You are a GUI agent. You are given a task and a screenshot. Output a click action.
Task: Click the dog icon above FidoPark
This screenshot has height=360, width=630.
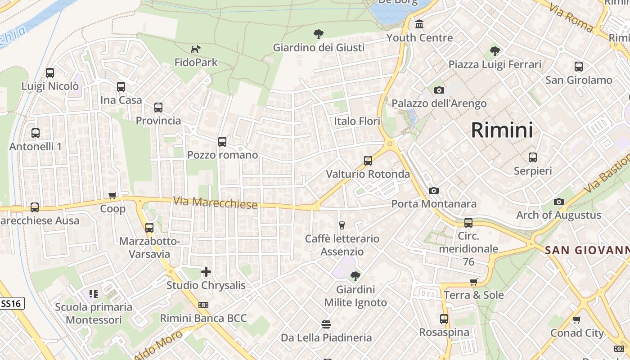tap(195, 49)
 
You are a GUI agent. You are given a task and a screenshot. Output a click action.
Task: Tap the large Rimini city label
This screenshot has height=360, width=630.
tap(502, 130)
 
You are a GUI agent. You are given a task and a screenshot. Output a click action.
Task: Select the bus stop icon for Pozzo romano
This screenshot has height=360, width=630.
tap(222, 142)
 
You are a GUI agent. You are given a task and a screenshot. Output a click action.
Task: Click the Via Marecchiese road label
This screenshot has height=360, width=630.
tap(216, 203)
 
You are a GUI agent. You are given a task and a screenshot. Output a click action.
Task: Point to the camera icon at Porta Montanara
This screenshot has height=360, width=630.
tap(434, 191)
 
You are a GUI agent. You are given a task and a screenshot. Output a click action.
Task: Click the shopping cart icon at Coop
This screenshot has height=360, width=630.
tap(112, 196)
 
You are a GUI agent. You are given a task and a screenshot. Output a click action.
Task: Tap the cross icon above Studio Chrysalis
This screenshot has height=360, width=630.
tap(206, 272)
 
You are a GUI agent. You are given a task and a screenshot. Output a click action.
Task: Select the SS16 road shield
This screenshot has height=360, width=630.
tap(11, 304)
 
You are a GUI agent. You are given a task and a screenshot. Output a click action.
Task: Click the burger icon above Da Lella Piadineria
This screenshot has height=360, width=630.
tap(326, 324)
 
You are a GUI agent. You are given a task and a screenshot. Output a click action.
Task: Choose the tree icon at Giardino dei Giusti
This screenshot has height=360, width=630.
tap(319, 34)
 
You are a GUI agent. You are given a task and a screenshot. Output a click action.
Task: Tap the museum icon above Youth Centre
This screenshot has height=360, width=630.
tap(419, 24)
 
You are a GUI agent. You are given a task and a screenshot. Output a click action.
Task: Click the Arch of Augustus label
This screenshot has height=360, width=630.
tap(558, 215)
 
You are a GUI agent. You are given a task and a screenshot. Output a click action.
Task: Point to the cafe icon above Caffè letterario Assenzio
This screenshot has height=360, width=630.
tap(342, 225)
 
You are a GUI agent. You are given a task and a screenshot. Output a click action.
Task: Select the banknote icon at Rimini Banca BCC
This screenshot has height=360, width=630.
tap(203, 305)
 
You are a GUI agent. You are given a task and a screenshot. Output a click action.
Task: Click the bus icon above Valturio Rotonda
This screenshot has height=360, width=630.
tap(368, 161)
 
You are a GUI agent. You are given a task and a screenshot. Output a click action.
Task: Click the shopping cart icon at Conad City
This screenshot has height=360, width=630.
tap(577, 320)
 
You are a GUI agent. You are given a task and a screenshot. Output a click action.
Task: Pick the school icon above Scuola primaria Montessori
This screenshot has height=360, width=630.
tap(94, 294)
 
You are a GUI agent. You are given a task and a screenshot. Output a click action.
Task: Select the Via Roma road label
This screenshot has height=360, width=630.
tap(571, 18)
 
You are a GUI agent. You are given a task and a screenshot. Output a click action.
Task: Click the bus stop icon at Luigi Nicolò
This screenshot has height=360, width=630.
tap(50, 72)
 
